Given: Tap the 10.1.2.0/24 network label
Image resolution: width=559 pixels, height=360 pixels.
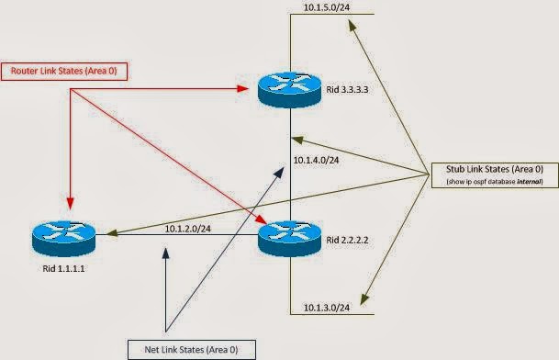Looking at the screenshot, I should [187, 228].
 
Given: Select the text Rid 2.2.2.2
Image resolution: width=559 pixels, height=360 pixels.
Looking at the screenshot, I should [346, 241].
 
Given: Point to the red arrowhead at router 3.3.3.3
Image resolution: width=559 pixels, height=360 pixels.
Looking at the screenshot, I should [247, 89].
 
